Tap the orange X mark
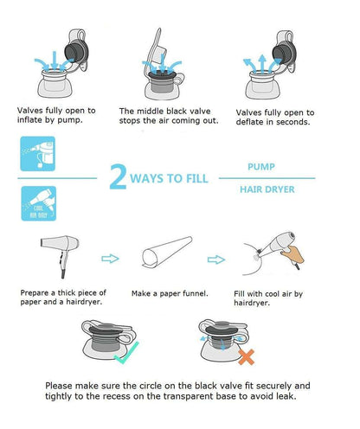pyautogui.click(x=246, y=357)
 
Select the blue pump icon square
pyautogui.click(x=37, y=154)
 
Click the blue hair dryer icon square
pyautogui.click(x=39, y=203)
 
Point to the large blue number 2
pyautogui.click(x=118, y=176)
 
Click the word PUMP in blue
pyautogui.click(x=261, y=167)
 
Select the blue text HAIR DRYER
pyautogui.click(x=267, y=189)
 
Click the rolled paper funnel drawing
pyautogui.click(x=167, y=252)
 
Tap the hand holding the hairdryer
pyautogui.click(x=292, y=255)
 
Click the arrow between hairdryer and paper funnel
pyautogui.click(x=110, y=259)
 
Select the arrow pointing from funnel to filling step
pyautogui.click(x=216, y=259)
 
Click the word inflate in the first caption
pyautogui.click(x=29, y=120)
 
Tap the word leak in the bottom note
pyautogui.click(x=286, y=396)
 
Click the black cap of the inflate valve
pyautogui.click(x=74, y=52)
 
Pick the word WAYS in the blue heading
pyautogui.click(x=146, y=178)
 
